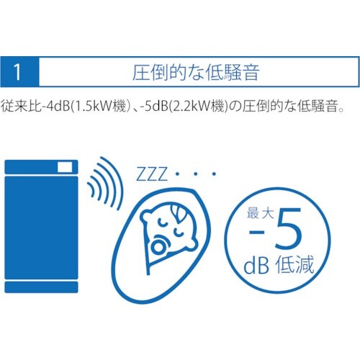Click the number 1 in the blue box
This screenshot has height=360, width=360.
17,72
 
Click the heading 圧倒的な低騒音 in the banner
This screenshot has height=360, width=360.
196,72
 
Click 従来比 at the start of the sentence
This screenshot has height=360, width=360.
21,106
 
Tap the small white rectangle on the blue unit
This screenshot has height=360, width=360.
65,167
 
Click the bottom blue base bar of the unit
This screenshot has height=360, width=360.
41,287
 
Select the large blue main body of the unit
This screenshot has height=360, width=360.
41,228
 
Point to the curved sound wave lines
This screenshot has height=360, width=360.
106,184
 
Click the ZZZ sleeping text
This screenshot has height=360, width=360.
152,174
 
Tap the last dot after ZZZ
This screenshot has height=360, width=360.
215,174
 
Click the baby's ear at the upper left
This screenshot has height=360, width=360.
147,217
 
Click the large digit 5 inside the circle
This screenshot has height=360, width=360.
288,228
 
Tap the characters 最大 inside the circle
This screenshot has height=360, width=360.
261,213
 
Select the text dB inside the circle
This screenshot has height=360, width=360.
256,265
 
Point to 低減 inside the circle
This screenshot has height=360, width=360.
294,264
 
